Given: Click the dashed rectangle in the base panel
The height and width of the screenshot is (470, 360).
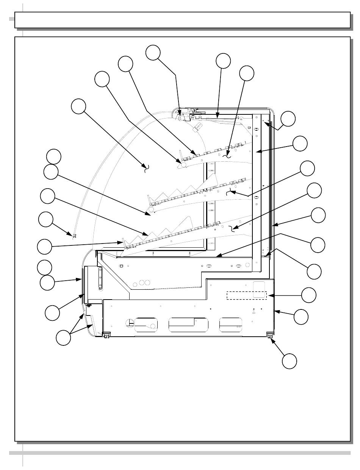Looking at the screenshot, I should tap(247, 295).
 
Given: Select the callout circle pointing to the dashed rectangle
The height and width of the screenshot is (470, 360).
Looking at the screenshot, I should tap(308, 295).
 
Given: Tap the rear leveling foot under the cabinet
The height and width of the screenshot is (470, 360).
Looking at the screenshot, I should tap(270, 335).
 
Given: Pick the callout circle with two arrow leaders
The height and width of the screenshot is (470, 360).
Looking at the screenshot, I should tap(63, 338).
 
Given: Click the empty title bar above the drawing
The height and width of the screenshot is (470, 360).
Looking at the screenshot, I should tap(182, 20).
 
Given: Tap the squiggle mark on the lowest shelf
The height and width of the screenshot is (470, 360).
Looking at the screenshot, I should tap(232, 228).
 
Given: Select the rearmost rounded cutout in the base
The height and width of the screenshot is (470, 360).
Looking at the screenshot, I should tap(232, 325).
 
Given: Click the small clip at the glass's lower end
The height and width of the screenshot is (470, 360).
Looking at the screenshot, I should tap(74, 236).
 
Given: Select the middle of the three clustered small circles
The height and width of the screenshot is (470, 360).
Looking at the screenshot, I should tap(142, 282).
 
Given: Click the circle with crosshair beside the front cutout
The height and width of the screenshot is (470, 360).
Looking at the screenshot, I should tap(130, 322).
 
